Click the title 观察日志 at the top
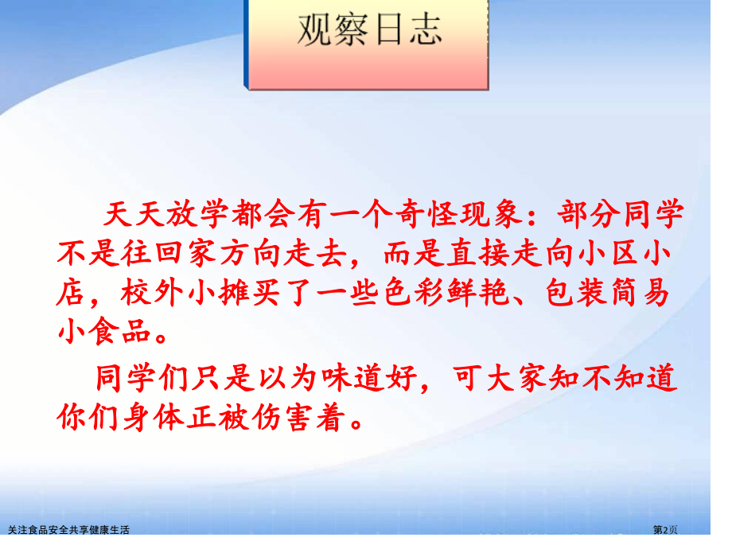point(368,32)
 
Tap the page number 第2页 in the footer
point(667,529)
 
